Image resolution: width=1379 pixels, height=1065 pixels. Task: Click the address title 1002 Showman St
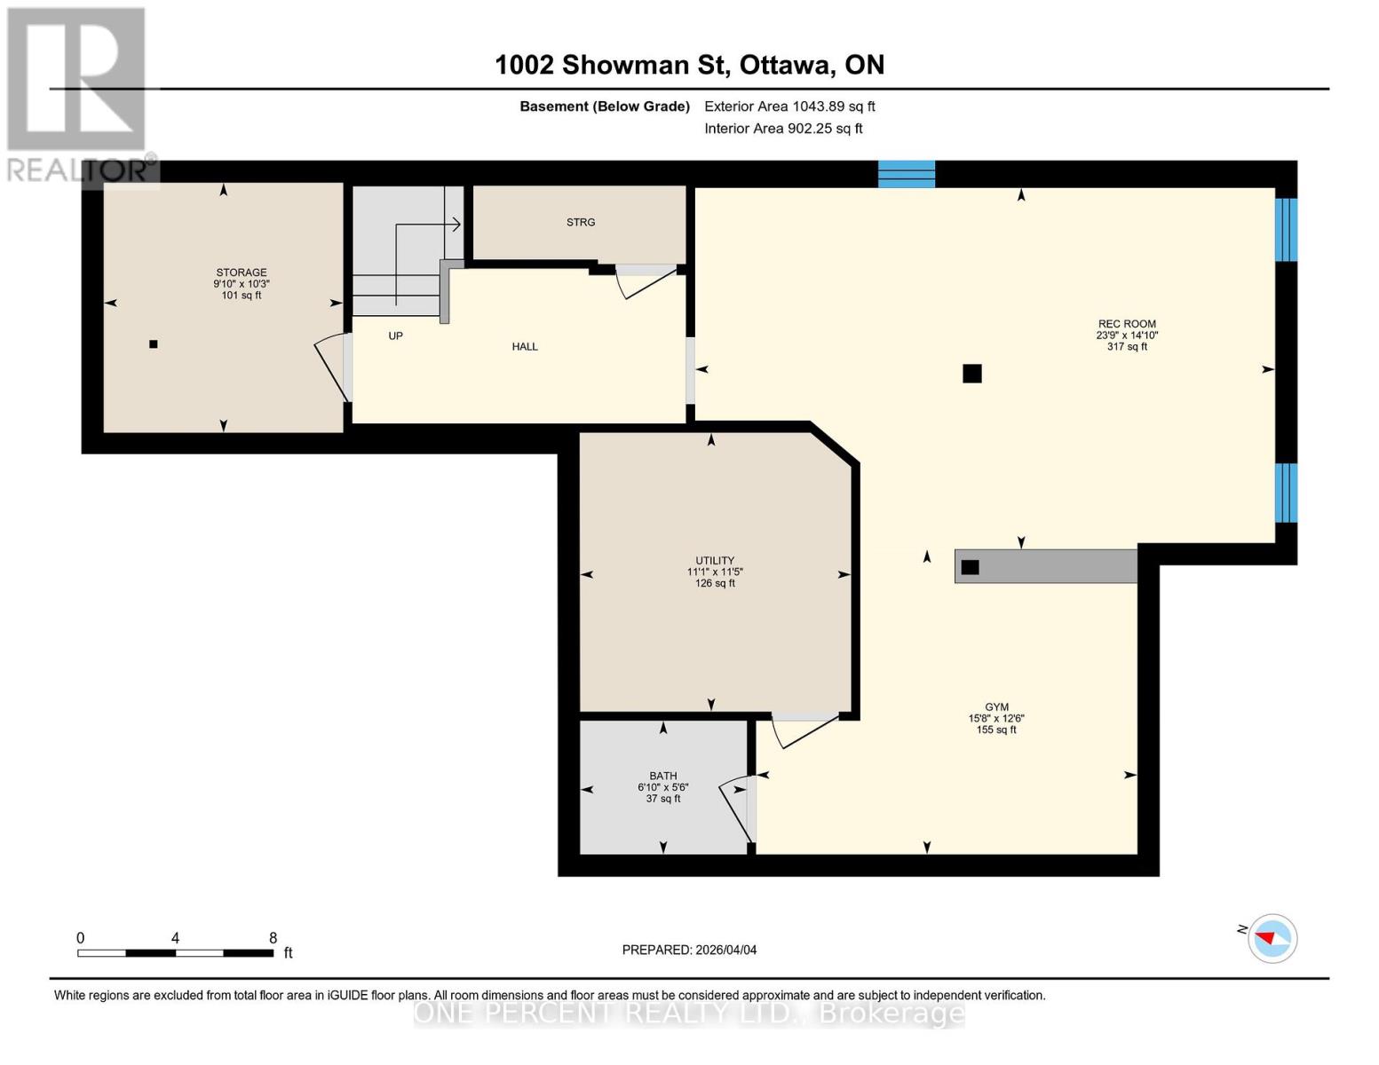pyautogui.click(x=689, y=65)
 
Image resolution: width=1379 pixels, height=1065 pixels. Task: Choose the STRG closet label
pyautogui.click(x=581, y=222)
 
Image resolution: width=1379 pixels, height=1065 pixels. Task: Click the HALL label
pyautogui.click(x=525, y=346)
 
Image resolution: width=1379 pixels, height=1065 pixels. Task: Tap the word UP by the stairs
pyautogui.click(x=395, y=335)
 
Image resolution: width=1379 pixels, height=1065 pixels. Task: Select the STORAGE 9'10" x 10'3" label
pyautogui.click(x=241, y=283)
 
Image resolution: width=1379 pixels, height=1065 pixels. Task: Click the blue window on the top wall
pyautogui.click(x=906, y=174)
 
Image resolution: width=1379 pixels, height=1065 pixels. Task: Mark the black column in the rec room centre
pyautogui.click(x=972, y=374)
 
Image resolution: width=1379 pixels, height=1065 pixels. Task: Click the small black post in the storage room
pyautogui.click(x=154, y=344)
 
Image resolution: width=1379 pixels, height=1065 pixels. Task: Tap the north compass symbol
pyautogui.click(x=1272, y=937)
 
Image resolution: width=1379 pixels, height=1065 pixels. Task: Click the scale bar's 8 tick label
pyautogui.click(x=273, y=937)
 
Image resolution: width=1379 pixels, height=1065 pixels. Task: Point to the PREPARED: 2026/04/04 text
pyautogui.click(x=689, y=950)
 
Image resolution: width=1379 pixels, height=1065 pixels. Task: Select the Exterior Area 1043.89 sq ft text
pyautogui.click(x=789, y=106)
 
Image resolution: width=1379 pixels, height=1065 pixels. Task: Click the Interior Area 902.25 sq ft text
pyautogui.click(x=783, y=128)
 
